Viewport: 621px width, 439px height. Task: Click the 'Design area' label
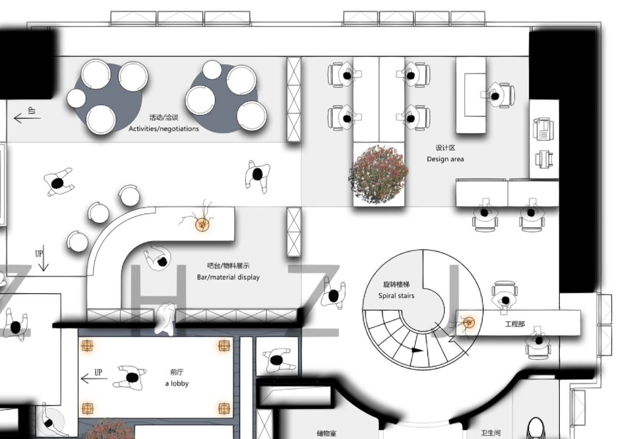[x=445, y=159]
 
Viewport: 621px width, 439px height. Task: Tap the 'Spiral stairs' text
[x=396, y=296]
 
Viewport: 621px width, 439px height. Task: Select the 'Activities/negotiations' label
[x=163, y=129]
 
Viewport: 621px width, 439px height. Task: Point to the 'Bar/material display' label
[x=228, y=277]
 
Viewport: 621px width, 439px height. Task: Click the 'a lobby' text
[x=177, y=384]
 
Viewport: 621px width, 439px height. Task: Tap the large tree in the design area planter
[x=378, y=174]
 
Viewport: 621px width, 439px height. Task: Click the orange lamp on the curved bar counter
[x=202, y=224]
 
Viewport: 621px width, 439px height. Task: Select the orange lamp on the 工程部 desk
[x=469, y=323]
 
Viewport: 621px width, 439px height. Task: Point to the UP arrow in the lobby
[x=94, y=378]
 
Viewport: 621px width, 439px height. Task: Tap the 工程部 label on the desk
[x=515, y=324]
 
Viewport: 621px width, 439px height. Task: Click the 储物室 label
[x=327, y=433]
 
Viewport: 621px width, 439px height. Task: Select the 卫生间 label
[x=490, y=433]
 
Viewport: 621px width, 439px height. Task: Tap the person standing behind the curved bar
[x=158, y=258]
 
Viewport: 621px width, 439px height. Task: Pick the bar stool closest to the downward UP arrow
[x=78, y=241]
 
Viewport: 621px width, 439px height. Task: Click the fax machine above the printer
[x=543, y=129]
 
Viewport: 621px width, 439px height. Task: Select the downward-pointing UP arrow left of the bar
[x=43, y=258]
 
